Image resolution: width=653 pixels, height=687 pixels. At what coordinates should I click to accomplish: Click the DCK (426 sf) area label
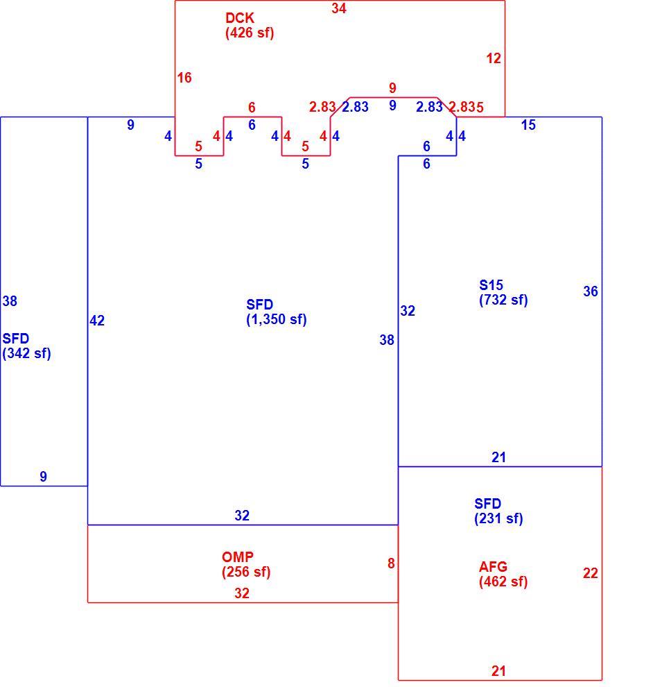pos(250,25)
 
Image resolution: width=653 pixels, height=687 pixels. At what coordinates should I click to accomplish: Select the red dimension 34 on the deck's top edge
pos(339,8)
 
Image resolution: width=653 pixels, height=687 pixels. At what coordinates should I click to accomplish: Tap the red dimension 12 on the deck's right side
pos(494,58)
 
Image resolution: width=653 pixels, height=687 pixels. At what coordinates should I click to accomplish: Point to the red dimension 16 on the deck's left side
pos(184,78)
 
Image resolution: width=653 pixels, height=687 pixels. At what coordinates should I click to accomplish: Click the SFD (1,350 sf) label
pos(276,312)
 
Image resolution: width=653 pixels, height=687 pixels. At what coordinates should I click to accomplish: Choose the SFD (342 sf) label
pos(26,346)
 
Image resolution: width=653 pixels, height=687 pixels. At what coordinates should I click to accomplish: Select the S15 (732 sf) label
pos(503,292)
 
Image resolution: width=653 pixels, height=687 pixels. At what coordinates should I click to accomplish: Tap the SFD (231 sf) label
pos(498,511)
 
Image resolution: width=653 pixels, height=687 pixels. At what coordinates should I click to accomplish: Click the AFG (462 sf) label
pos(503,574)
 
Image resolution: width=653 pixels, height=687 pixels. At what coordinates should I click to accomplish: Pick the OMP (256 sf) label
pos(246,564)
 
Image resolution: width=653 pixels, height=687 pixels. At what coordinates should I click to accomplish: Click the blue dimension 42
pos(97,321)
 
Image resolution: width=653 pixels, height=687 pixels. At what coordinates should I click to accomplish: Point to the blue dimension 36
pos(591,291)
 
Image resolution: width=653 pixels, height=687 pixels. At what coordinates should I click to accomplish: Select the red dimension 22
pos(591,573)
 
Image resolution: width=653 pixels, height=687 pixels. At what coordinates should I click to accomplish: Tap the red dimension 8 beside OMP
pos(391,563)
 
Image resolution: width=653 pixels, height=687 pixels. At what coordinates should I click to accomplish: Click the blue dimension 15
pos(528,126)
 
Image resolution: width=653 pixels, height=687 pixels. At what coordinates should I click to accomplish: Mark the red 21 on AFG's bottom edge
pos(498,671)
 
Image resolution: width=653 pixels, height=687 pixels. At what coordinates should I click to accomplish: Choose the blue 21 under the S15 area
pos(498,457)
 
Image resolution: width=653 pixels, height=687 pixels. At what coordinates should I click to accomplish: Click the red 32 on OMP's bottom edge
pos(242,593)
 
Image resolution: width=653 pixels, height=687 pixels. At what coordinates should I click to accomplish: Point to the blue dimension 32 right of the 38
pos(408,311)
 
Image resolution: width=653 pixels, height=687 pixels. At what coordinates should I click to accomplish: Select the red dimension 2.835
pos(467,107)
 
